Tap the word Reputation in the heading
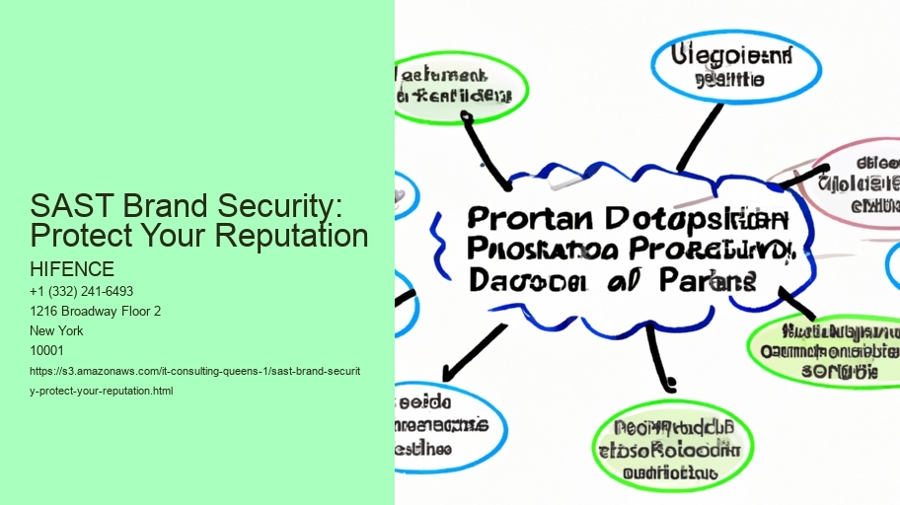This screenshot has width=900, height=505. point(296,236)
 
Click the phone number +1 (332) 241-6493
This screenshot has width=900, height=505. point(82,292)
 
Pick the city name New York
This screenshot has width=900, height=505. point(57,331)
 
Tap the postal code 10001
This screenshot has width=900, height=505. point(48,351)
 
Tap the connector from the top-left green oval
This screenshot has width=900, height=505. point(488,153)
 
